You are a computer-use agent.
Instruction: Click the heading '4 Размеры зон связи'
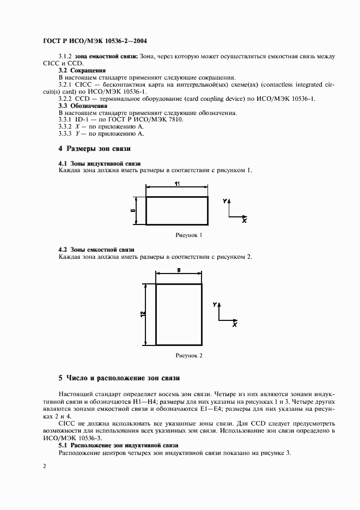pyautogui.click(x=94, y=149)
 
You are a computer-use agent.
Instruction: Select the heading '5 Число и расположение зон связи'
pyautogui.click(x=119, y=378)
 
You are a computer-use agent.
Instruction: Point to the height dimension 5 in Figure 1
pyautogui.click(x=133, y=210)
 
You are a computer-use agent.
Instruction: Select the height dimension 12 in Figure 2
pyautogui.click(x=143, y=314)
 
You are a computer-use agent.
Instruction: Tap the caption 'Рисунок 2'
pyautogui.click(x=188, y=355)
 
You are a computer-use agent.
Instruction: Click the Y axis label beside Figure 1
pyautogui.click(x=224, y=201)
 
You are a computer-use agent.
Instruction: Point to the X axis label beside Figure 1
pyautogui.click(x=245, y=221)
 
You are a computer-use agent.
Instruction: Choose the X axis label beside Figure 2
pyautogui.click(x=235, y=324)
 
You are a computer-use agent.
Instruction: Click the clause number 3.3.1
pyautogui.click(x=65, y=119)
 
